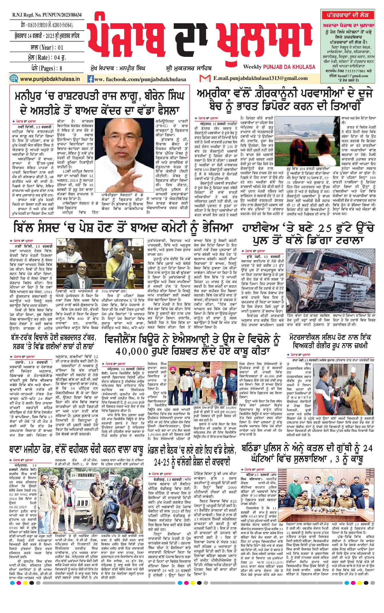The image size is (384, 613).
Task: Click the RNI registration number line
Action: click(47, 15)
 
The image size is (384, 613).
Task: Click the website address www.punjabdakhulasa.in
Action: click(50, 79)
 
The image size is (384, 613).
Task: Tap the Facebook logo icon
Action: click(91, 79)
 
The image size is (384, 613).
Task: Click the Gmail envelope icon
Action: click(205, 78)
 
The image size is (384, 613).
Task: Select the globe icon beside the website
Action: click(13, 79)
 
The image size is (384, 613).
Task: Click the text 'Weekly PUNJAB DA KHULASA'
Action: click(279, 67)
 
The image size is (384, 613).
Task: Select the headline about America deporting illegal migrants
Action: click(285, 100)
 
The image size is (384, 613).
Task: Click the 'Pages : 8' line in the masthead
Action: click(47, 68)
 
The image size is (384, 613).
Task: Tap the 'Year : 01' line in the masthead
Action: click(47, 47)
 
